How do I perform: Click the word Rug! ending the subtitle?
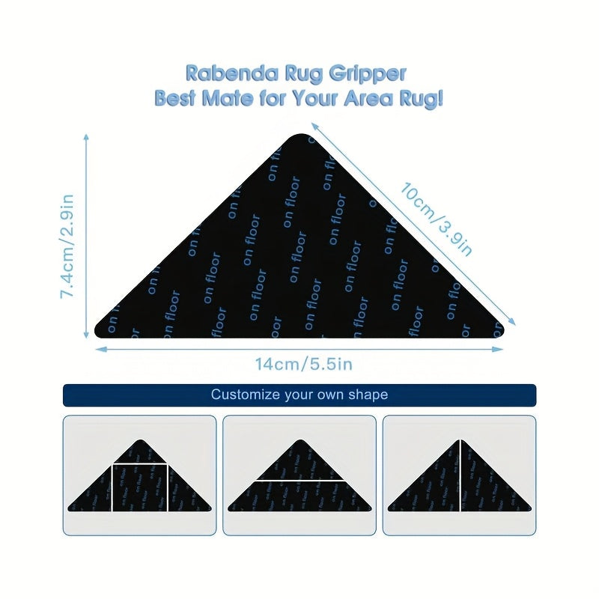421,98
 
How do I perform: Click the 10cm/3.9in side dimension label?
435,218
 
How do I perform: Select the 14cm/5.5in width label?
303,365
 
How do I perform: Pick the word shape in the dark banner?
369,395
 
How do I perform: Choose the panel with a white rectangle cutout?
139,475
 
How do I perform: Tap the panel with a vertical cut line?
459,475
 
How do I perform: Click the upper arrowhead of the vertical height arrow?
87,138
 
